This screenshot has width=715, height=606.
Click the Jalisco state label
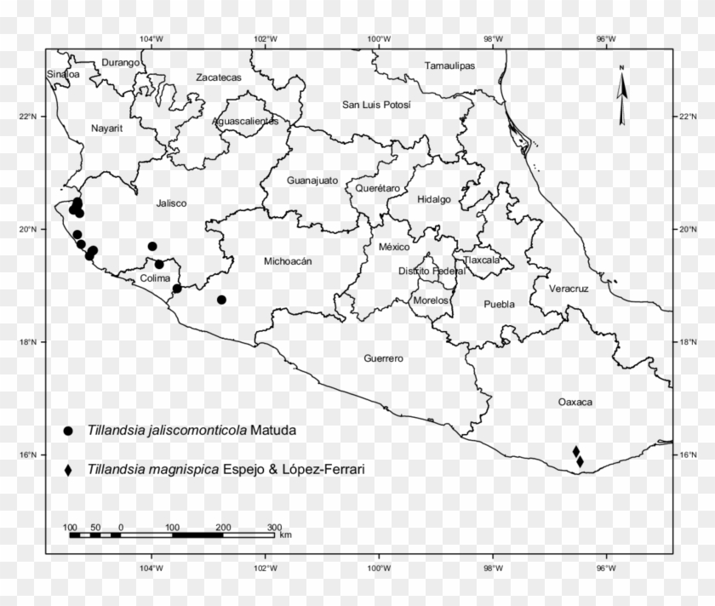point(171,203)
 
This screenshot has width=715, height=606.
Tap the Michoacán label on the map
point(288,261)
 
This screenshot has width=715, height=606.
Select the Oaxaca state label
point(575,402)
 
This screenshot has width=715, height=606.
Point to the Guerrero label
point(383,359)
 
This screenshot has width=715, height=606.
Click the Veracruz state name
point(569,289)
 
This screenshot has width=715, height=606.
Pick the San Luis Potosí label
point(376,105)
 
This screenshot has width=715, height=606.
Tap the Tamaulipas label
point(449,66)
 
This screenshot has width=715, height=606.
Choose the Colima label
point(156,278)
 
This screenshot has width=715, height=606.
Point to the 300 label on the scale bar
point(274,528)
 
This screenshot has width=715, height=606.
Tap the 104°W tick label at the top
point(152,39)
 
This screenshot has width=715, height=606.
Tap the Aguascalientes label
point(245,122)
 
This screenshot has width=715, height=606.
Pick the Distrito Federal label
point(432,271)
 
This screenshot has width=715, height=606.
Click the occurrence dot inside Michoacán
point(221,300)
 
